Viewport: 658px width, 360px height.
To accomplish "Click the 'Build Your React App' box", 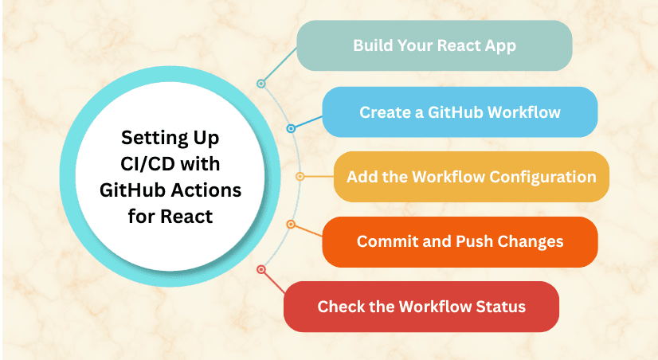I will click(434, 45).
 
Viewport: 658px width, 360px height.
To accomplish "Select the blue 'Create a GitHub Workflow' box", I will click(460, 112).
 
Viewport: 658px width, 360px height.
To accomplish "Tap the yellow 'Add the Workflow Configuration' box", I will click(471, 176).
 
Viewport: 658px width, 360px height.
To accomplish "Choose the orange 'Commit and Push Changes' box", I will click(460, 241).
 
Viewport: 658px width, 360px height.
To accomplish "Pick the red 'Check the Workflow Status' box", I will click(421, 307).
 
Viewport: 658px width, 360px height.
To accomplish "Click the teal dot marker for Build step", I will click(260, 83).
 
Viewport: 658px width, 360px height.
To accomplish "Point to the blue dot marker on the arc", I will click(291, 128).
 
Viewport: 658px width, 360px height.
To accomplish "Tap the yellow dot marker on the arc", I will click(300, 176).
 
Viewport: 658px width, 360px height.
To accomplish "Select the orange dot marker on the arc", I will click(291, 225).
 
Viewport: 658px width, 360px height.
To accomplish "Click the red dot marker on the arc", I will click(260, 270).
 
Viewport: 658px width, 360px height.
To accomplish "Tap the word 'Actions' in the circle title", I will click(207, 190).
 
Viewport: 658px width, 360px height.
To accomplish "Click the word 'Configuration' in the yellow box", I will click(542, 176).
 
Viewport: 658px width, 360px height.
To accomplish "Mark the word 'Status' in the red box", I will click(499, 307).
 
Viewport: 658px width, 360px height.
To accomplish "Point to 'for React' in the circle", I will click(170, 216).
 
